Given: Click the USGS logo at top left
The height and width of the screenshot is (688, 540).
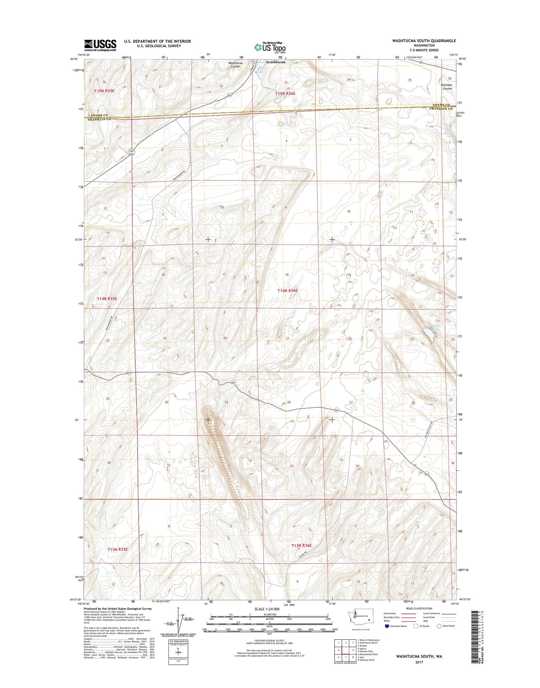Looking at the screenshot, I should coord(100,45).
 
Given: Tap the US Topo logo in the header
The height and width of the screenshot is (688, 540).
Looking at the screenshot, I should coord(270,47).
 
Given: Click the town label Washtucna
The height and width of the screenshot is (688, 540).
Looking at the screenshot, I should coord(276,62).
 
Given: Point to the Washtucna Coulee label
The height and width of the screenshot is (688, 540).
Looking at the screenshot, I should coord(235,65).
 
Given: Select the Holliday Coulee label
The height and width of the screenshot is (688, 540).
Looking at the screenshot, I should coord(447,87).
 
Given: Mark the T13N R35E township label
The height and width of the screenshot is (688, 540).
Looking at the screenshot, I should coord(117,549).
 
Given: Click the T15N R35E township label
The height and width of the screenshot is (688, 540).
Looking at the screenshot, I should coord(104,91).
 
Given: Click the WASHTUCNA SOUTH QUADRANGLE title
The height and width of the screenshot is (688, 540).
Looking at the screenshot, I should coord(424,41).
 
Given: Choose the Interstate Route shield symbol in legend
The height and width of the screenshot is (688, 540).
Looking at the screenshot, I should coord(387,626).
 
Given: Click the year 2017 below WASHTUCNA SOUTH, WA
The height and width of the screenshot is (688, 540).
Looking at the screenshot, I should coord(419,662).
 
